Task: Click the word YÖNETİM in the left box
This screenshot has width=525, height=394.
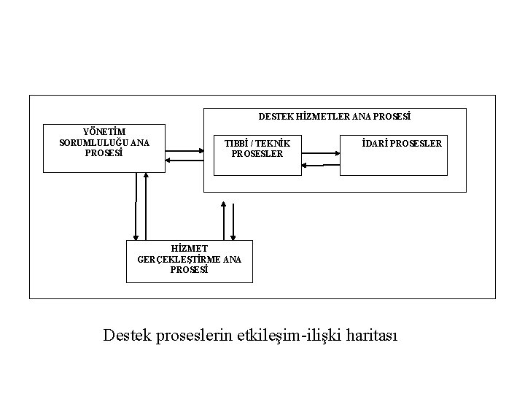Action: click(x=104, y=131)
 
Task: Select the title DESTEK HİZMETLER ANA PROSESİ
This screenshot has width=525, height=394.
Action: click(x=335, y=116)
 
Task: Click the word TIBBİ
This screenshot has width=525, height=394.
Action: click(x=236, y=143)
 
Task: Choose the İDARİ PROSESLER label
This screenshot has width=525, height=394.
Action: click(x=402, y=143)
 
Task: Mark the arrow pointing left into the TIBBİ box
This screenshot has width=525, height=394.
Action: click(x=322, y=165)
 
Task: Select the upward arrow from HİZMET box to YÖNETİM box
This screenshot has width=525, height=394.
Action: click(x=146, y=208)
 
